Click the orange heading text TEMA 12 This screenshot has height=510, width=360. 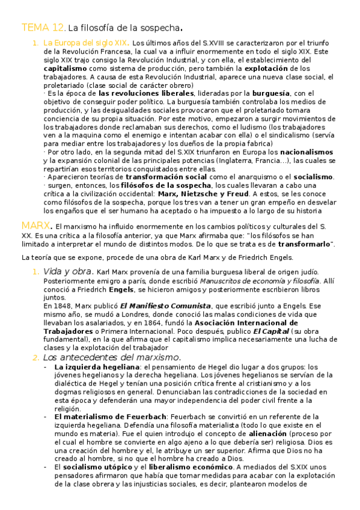click(42, 28)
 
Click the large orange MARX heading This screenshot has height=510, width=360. click(34, 226)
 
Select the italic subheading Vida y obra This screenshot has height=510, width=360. click(66, 272)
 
